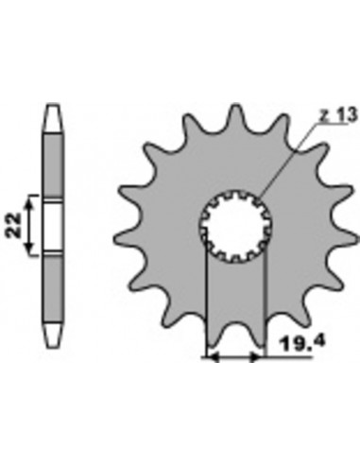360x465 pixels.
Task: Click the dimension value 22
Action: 14,225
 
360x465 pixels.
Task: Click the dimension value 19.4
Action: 302,344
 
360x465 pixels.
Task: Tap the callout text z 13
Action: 338,115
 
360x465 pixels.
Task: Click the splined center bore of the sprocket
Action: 235,227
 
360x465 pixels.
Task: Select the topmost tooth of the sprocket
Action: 236,117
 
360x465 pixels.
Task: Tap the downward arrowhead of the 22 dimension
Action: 29,248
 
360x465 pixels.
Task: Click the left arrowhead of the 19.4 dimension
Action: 214,357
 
